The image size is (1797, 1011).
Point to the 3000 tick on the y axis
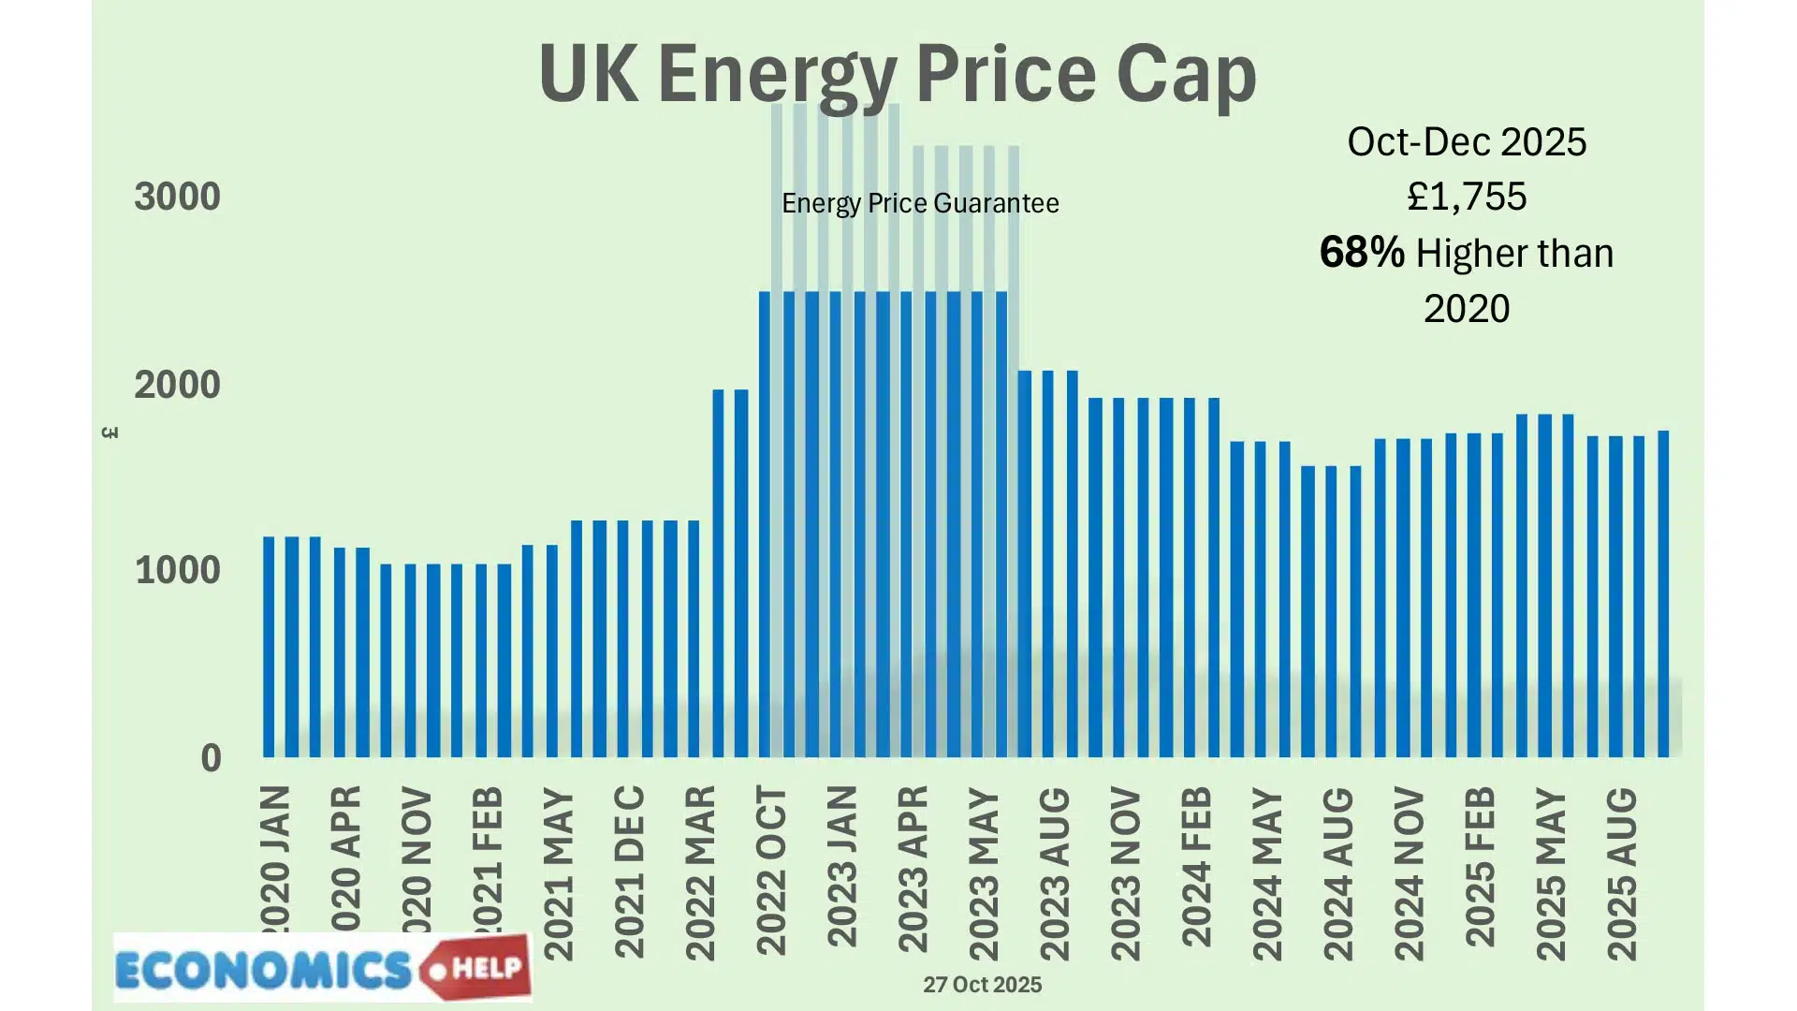(177, 197)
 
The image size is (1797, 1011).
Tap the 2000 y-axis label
(177, 385)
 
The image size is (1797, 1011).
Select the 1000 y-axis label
(177, 570)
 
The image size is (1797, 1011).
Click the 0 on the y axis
(211, 758)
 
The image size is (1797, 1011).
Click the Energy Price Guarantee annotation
(920, 203)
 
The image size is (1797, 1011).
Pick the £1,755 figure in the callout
(1467, 197)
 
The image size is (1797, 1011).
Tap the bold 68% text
(1362, 253)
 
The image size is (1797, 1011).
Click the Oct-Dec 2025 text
(1467, 142)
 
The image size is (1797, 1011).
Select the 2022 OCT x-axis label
(772, 871)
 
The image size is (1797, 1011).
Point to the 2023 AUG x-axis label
(1055, 873)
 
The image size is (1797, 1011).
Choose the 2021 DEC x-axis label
(630, 871)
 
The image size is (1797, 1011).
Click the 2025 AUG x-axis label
(1622, 873)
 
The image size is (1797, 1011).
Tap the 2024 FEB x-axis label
(1197, 867)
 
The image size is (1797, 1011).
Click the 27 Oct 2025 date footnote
(982, 985)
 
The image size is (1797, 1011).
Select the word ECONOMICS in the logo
(264, 971)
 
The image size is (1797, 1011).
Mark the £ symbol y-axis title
(110, 432)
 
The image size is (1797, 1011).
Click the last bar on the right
(1663, 593)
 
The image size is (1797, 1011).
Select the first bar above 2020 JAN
(269, 646)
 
